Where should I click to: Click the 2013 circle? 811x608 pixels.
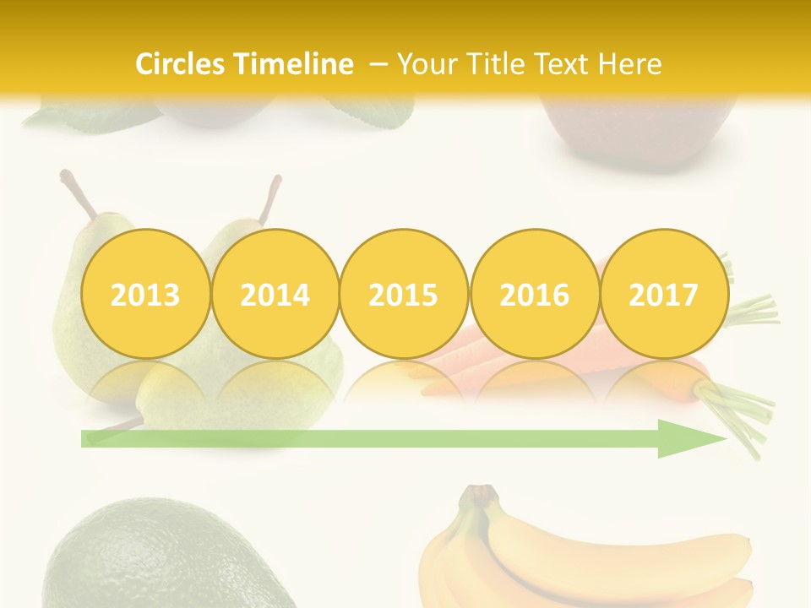[145, 295]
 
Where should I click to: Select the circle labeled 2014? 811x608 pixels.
[275, 295]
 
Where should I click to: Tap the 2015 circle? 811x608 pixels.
[404, 295]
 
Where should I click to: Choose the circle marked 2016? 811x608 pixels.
[534, 295]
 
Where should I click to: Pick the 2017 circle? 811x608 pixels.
[663, 295]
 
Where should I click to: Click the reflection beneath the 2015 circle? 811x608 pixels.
[404, 380]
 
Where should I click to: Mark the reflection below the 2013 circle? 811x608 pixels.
[145, 380]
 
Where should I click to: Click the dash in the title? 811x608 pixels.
[379, 64]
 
